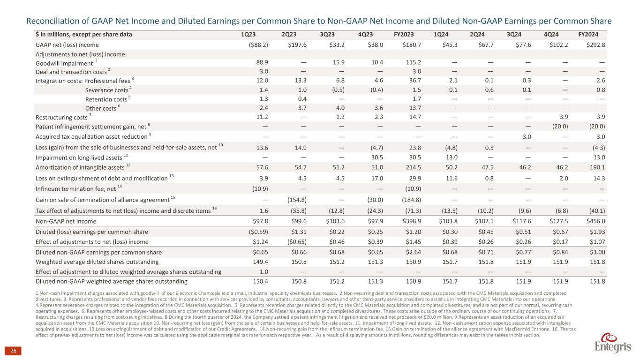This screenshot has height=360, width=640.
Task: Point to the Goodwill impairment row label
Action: click(x=64, y=63)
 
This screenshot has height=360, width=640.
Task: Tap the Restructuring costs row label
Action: click(x=61, y=117)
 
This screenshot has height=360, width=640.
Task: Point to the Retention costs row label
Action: click(x=106, y=99)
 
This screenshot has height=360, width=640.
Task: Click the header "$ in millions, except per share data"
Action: click(x=84, y=34)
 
